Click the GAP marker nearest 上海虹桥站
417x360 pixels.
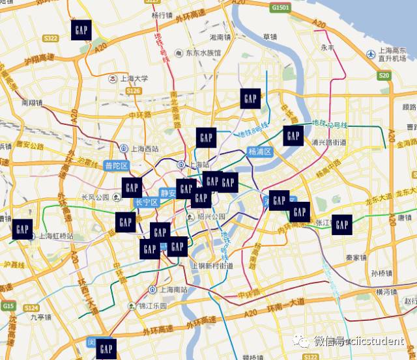22,228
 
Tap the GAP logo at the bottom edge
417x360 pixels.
106,350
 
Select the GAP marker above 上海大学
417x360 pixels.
80,30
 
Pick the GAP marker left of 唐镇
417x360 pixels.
341,224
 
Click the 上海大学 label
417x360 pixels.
133,78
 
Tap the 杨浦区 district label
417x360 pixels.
259,151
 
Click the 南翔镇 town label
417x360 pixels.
31,103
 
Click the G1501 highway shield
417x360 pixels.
281,7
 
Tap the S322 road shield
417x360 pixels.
50,38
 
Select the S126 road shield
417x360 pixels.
133,90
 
